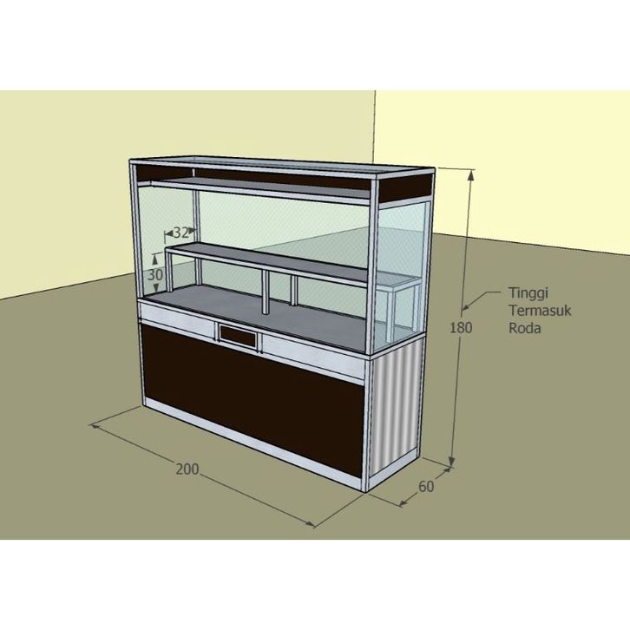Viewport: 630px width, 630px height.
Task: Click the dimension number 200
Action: tap(187, 469)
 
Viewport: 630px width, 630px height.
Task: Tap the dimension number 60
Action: tap(425, 486)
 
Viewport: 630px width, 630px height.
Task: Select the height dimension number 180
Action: tap(462, 328)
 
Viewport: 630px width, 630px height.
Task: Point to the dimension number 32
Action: tap(181, 232)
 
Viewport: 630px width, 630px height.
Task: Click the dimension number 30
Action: tap(155, 274)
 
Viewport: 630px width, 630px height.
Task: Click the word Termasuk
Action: tap(532, 312)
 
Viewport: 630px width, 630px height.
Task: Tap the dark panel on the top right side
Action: tap(405, 185)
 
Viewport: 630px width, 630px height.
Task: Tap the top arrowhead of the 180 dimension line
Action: tap(470, 172)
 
